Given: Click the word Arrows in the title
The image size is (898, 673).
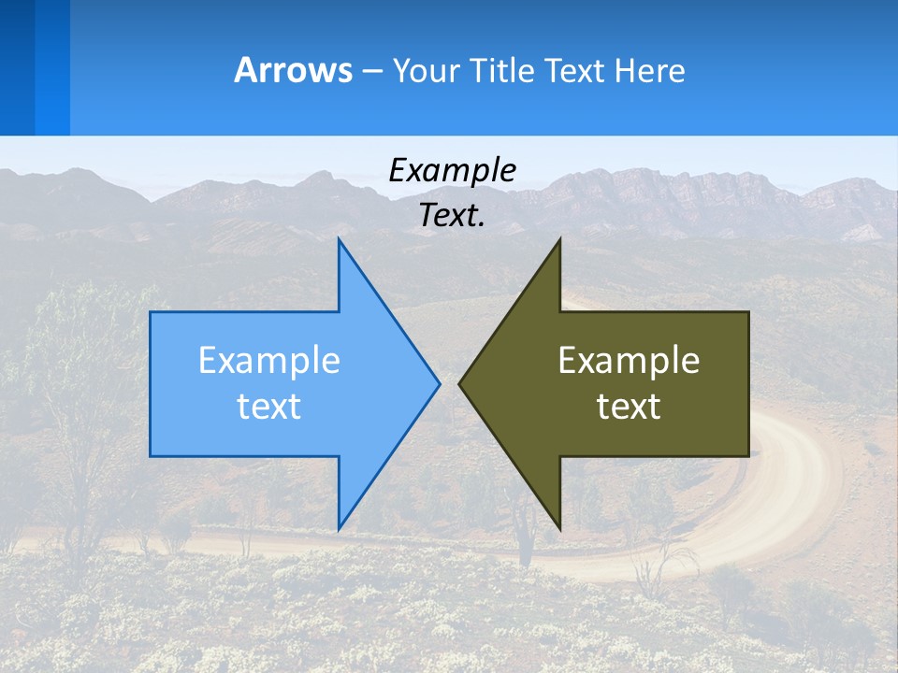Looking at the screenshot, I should point(293,70).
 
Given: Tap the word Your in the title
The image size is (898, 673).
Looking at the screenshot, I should point(427,70).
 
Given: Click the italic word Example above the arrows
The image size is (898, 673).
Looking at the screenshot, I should point(453,170).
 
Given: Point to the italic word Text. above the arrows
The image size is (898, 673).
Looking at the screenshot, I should point(453,215).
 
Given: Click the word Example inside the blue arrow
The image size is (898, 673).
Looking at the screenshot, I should point(269,361).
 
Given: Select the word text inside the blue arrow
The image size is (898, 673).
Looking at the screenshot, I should point(269,406).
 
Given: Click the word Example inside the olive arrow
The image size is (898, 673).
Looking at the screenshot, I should point(629,361).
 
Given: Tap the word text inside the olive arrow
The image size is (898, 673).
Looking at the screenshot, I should point(629,406).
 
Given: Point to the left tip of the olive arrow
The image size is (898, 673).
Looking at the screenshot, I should point(460,383).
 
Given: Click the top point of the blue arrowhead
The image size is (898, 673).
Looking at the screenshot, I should point(339,240).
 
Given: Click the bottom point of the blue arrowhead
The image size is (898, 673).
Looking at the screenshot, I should point(339,527).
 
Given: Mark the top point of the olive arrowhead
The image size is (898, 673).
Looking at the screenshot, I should point(559,240).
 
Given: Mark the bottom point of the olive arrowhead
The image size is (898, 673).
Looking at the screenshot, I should point(559,527).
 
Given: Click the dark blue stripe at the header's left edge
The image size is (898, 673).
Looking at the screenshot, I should point(17,67).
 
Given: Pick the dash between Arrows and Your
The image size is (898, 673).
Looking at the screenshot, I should point(371,71).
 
